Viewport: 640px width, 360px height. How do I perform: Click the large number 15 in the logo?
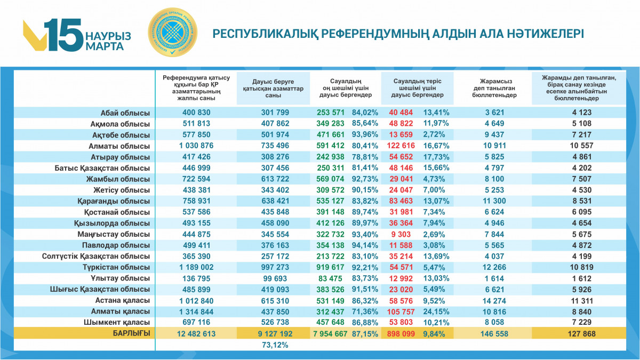tap(63, 35)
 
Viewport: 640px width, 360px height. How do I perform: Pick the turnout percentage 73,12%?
tap(275, 345)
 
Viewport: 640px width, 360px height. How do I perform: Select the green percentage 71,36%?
tap(365, 311)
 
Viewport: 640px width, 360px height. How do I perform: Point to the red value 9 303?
tap(401, 234)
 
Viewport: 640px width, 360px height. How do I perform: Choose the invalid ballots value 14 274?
tap(494, 300)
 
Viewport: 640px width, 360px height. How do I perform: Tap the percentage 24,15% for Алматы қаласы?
tap(436, 311)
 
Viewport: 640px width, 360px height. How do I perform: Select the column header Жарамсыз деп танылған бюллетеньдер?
tap(494, 88)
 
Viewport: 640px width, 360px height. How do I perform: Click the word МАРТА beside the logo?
tap(105, 46)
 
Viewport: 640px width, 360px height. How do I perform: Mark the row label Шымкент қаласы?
tap(117, 323)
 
